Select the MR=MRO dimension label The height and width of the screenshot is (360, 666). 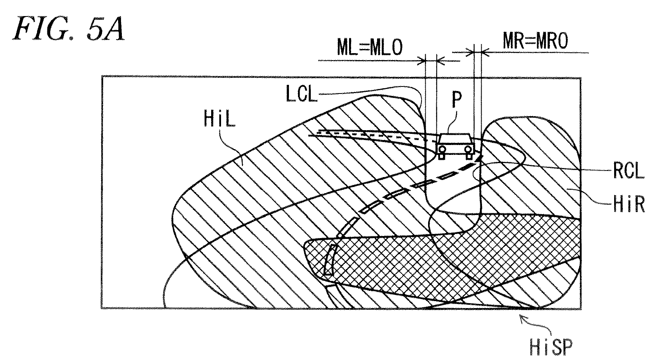[536, 40]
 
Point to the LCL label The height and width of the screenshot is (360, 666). [301, 94]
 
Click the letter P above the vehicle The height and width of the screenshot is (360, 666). [456, 99]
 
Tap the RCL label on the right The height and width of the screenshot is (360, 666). [629, 171]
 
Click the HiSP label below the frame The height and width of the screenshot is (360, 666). [551, 347]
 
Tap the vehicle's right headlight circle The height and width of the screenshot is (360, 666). [468, 148]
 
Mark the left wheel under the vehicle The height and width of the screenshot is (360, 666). [442, 156]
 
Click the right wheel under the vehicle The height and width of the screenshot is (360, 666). [469, 155]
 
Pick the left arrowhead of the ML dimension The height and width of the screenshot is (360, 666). [421, 61]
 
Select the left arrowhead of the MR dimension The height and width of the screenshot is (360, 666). [470, 53]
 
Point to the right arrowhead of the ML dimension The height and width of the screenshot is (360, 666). [441, 61]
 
